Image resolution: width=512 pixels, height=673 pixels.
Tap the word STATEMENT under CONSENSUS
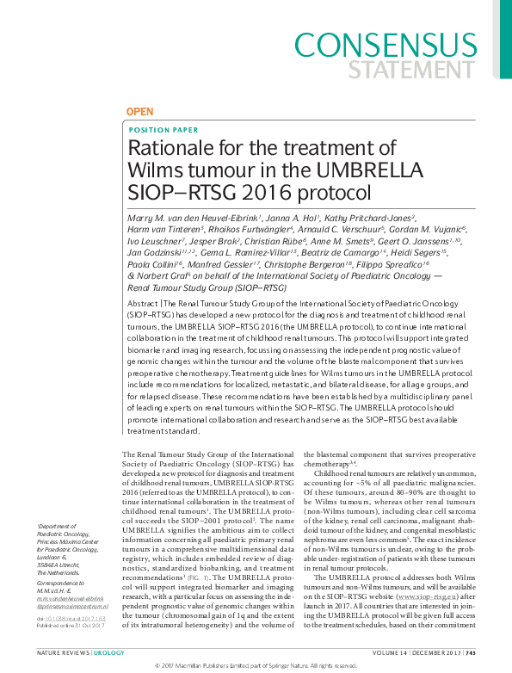(x=430, y=68)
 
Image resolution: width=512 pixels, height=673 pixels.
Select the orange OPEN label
(x=139, y=113)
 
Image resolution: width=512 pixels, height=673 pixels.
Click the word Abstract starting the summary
(x=142, y=305)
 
